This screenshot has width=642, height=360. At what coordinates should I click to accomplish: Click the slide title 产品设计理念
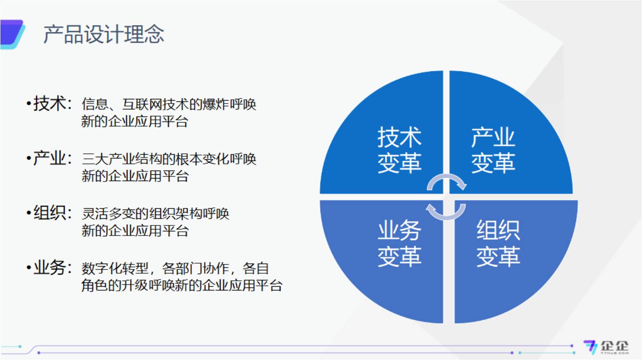point(104,34)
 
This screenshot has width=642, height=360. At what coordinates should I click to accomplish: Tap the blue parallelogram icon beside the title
point(12,34)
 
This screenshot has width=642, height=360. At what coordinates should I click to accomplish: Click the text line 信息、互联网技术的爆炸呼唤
point(168,104)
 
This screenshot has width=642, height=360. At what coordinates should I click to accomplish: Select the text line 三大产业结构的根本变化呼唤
point(168,159)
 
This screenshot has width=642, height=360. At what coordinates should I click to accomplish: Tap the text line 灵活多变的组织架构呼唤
point(155,214)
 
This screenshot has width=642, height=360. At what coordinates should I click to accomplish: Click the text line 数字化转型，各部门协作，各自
point(175,268)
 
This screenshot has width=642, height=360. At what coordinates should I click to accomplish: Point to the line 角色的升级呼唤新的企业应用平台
point(181,285)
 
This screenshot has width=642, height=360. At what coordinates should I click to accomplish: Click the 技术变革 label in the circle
point(399,150)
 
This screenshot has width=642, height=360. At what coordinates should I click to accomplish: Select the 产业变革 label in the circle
point(493,150)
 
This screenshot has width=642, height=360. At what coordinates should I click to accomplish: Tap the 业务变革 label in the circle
point(399,243)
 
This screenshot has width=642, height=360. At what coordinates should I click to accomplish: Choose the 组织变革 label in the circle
point(498,243)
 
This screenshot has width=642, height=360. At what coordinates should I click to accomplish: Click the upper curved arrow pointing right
point(447,181)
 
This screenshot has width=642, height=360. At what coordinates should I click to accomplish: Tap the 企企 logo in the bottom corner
point(606,347)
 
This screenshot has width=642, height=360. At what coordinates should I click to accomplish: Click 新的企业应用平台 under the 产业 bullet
point(135,176)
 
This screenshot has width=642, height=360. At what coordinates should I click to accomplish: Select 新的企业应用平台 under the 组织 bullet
point(135,231)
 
